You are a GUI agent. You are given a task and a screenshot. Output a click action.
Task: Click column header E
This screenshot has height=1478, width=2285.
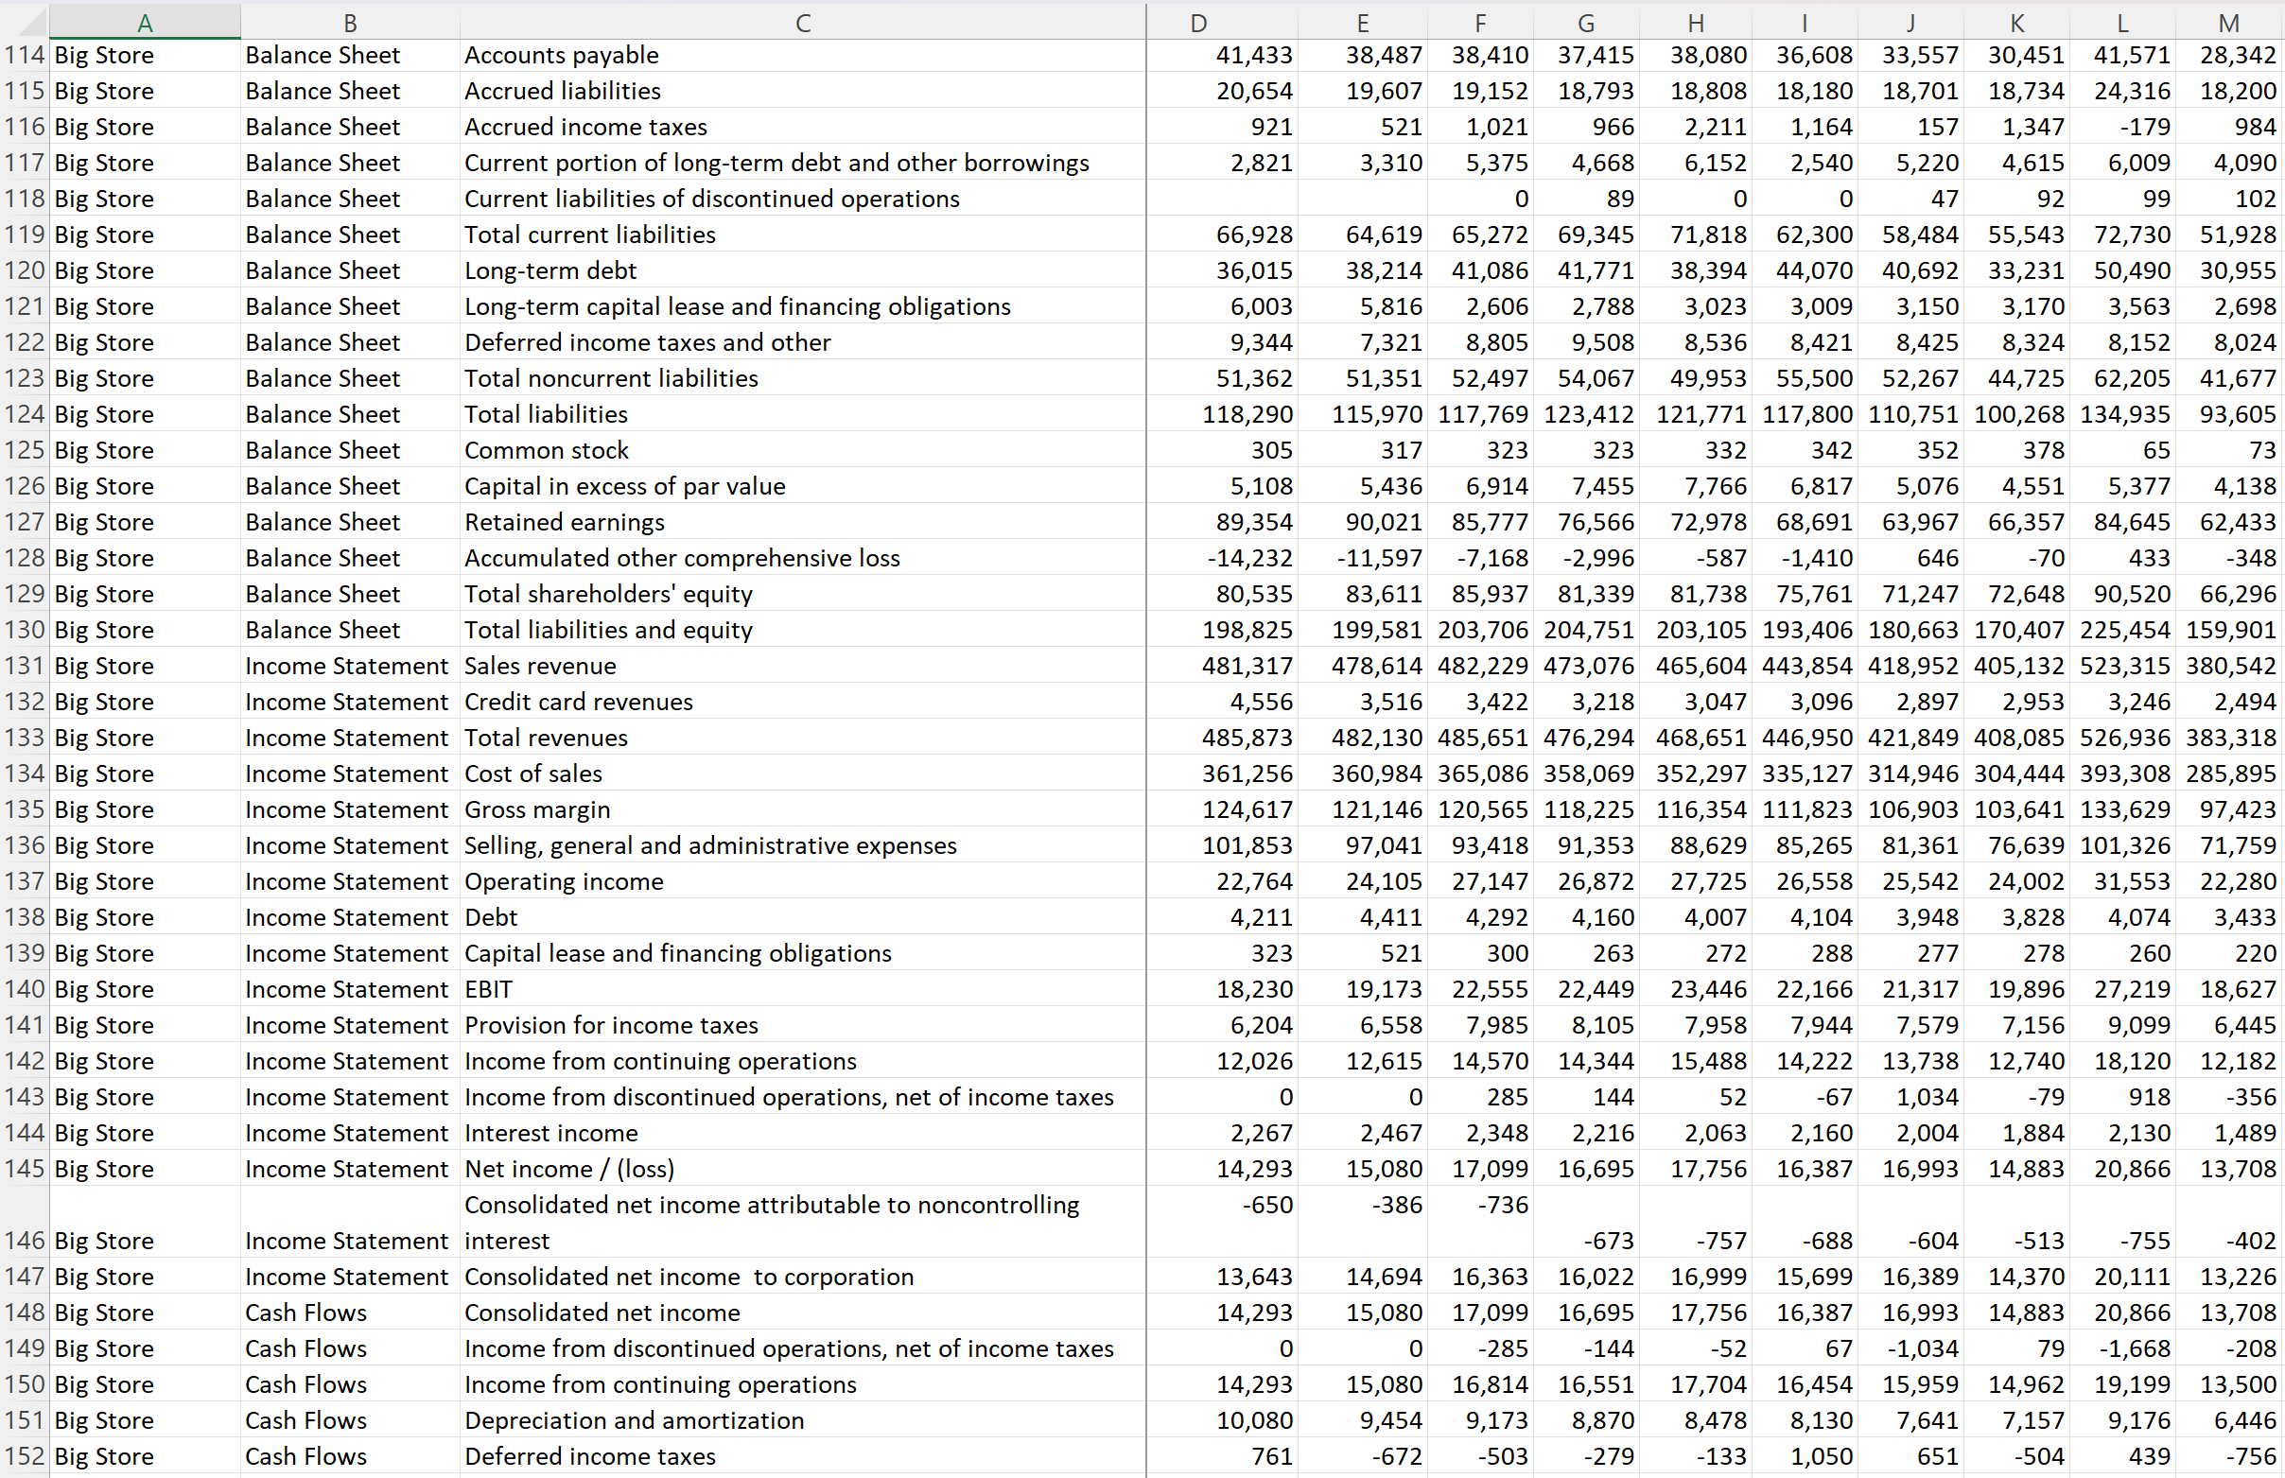coord(1362,22)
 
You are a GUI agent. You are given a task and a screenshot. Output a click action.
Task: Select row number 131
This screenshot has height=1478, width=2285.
coord(24,666)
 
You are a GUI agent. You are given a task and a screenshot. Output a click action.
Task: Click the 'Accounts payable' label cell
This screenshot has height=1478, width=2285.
coord(562,56)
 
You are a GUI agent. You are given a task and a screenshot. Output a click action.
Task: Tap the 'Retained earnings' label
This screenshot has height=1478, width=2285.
coord(565,523)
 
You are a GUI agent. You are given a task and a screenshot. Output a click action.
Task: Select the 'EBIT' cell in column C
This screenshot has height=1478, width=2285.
coord(488,989)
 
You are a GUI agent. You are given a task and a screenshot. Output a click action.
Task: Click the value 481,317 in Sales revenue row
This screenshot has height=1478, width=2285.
coord(1247,666)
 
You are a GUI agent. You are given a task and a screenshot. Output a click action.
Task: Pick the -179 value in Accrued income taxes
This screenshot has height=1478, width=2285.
coord(2142,128)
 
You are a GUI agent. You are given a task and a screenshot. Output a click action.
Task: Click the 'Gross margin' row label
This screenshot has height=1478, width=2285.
coord(537,810)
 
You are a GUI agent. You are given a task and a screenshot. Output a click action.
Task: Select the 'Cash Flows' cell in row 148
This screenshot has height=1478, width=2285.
coord(306,1313)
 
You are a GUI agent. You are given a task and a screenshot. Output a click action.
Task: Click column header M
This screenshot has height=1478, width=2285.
coord(2228,22)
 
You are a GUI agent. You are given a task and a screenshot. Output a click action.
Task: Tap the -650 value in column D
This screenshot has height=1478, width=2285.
coord(1266,1206)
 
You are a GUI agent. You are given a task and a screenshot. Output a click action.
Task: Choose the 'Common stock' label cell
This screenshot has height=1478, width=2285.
coord(546,451)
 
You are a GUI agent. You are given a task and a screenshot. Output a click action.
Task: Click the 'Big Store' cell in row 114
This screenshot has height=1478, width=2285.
coord(105,56)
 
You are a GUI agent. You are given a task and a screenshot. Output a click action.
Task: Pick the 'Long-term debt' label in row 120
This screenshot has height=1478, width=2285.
coord(549,271)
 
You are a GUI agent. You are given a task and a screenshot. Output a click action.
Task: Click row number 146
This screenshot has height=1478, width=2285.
coord(24,1241)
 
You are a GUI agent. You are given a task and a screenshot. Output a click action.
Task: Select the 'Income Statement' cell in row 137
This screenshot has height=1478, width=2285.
coord(346,882)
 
